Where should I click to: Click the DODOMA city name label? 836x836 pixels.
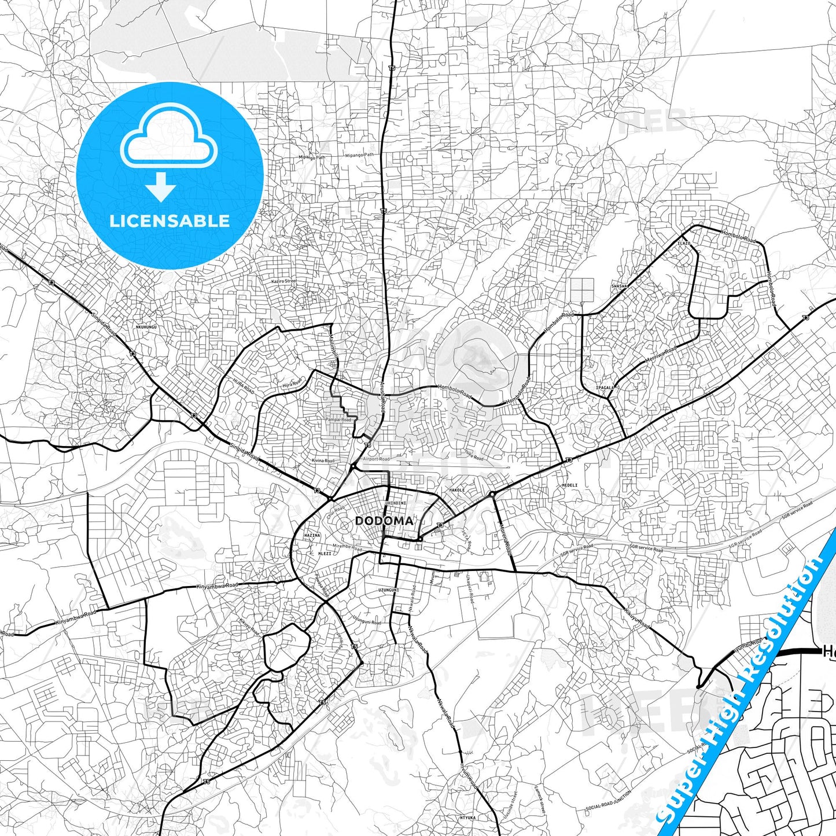(x=384, y=521)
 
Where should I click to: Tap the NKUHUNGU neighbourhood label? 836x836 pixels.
(x=146, y=327)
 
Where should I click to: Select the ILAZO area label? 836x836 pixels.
(x=684, y=244)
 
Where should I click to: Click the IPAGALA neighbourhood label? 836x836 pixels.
(x=605, y=388)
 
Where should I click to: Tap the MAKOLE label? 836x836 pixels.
(x=457, y=490)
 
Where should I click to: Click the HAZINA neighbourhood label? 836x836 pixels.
(x=312, y=536)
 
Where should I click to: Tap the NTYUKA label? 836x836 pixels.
(x=467, y=817)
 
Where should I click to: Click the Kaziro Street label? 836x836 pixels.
(x=283, y=281)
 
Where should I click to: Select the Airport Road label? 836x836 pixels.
(x=375, y=459)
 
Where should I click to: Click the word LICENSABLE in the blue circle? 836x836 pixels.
(x=170, y=221)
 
